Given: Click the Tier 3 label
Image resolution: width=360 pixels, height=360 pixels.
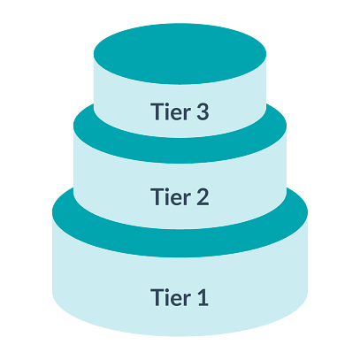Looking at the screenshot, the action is coord(180,111).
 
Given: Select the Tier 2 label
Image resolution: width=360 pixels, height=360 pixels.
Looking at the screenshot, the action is coord(180,196).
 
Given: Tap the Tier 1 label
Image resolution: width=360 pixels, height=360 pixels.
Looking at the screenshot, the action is coord(180,297).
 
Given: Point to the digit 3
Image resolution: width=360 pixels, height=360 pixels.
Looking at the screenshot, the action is coord(203,111).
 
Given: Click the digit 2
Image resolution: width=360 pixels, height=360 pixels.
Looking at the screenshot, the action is coord(203,196).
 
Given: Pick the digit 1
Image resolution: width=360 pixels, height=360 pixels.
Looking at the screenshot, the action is coord(203,297).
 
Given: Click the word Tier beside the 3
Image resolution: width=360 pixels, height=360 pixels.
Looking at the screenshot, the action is coord(171,111).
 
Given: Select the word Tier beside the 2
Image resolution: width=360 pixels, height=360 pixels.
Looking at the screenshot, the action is coord(171,196).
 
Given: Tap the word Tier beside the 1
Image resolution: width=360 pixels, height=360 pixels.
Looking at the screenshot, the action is coord(171,297).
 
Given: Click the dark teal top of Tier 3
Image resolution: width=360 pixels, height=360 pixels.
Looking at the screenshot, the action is coord(180,54).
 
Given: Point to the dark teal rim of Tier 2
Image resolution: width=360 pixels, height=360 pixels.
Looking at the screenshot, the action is coord(180,150).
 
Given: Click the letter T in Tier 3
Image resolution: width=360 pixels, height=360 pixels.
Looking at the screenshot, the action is coord(157,111).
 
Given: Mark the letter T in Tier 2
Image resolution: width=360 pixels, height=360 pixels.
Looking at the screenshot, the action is coord(157,196).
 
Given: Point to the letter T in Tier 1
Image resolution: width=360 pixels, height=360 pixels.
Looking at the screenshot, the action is coord(157,297).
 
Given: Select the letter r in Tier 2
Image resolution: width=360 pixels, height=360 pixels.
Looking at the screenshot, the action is coord(187,199).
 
